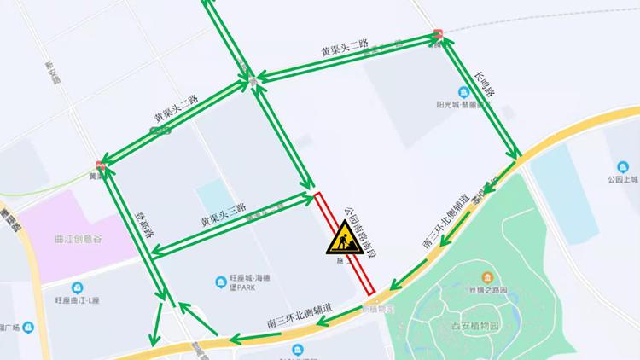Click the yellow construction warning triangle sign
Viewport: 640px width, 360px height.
340,238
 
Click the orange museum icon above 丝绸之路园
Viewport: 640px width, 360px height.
486,277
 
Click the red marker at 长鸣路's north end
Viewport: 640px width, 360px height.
438,35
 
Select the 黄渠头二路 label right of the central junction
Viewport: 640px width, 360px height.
344,50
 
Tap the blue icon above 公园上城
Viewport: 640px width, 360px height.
621,167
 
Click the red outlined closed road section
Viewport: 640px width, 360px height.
345,241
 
